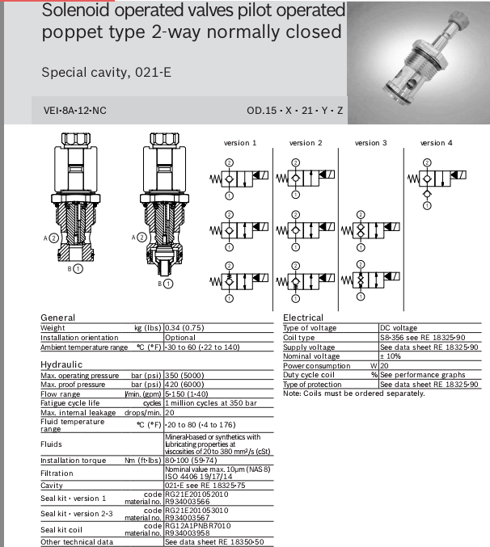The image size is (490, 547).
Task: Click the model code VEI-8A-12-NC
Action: pyautogui.click(x=77, y=111)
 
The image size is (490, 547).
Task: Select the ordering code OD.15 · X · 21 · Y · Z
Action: pyautogui.click(x=295, y=111)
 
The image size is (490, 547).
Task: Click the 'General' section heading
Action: pyautogui.click(x=57, y=318)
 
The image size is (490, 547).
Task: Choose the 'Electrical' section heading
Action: pyautogui.click(x=303, y=318)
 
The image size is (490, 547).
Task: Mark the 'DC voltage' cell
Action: pyautogui.click(x=400, y=328)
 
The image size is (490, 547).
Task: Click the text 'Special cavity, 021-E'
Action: pyautogui.click(x=106, y=72)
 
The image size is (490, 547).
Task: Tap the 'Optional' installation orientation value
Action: pyautogui.click(x=180, y=338)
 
